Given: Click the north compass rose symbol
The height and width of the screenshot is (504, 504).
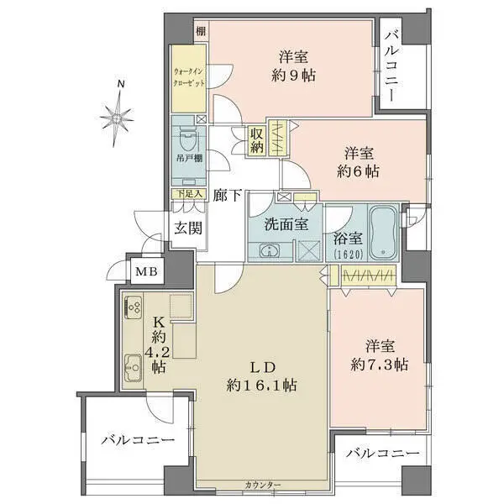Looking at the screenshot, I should coord(119,116).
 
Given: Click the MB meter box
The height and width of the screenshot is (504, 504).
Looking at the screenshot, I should coord(144,270).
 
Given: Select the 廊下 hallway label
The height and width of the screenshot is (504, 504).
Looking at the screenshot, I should coord(227,196).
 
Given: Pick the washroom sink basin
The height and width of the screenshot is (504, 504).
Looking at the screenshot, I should coord(270,250).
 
